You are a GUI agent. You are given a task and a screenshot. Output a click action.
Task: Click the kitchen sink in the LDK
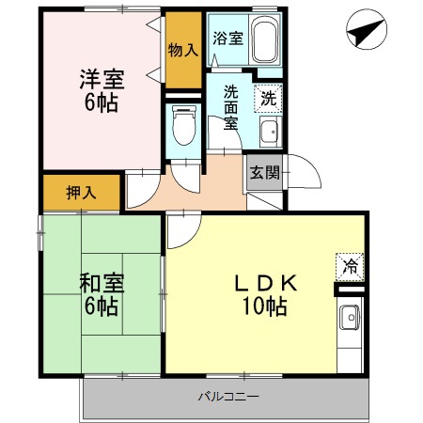tap(349, 318)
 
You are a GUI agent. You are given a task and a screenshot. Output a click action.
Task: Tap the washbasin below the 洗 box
tap(270, 131)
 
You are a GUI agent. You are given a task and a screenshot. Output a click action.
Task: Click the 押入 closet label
tap(80, 193)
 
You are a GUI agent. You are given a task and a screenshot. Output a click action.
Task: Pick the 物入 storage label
tap(182, 49)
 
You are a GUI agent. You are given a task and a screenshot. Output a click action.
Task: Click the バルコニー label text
tap(227, 396)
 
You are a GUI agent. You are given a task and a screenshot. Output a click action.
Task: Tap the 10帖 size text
tap(263, 305)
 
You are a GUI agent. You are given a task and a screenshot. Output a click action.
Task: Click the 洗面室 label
tap(228, 106)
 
